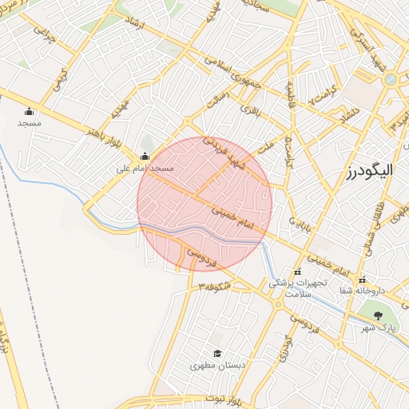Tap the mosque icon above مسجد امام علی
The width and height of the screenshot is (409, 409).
point(145,157)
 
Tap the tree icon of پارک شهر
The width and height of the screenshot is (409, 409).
point(379,316)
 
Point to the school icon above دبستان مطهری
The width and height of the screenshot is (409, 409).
point(216,353)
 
